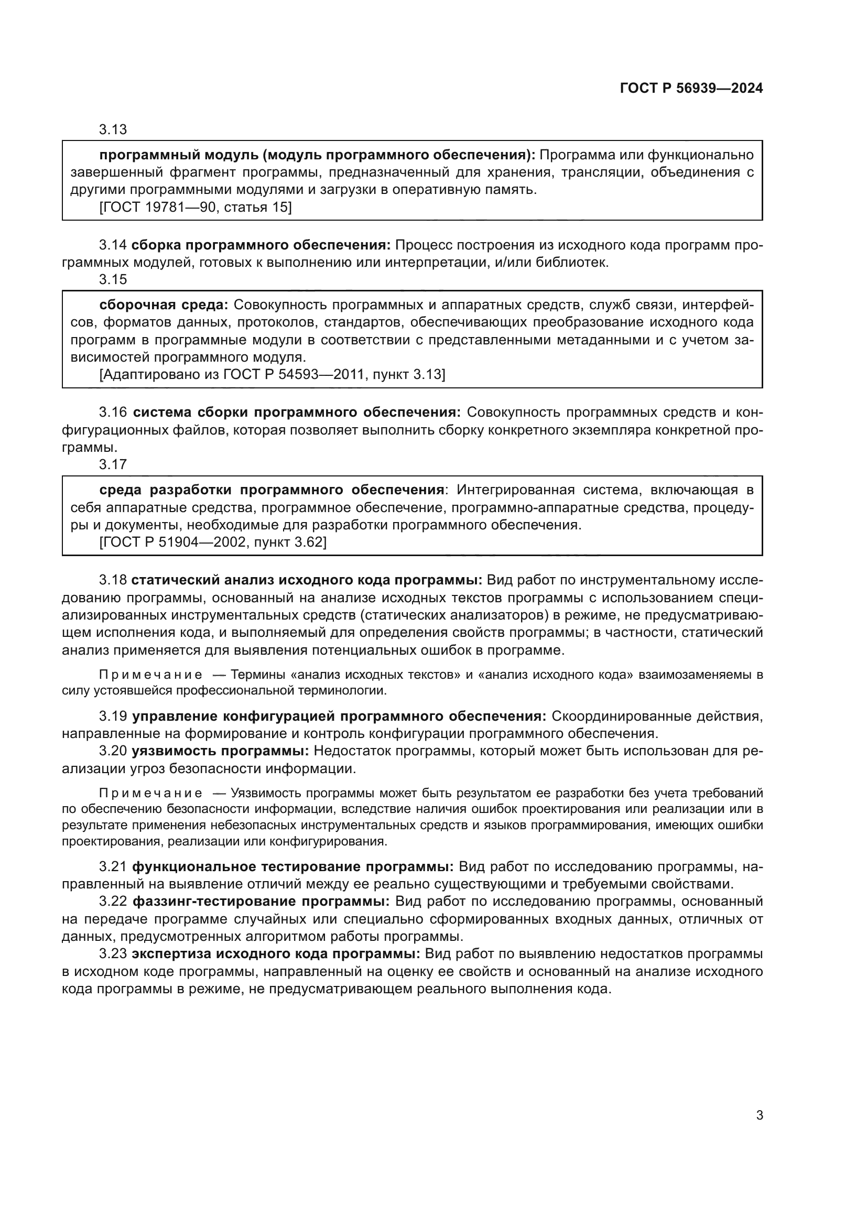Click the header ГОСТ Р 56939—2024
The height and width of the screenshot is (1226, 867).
coord(691,89)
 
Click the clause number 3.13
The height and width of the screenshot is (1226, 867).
coord(113,129)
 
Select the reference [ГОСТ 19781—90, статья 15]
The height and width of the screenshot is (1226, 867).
coord(196,207)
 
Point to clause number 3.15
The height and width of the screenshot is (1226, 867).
coord(113,279)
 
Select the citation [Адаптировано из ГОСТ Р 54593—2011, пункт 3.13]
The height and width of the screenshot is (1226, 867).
coord(272,374)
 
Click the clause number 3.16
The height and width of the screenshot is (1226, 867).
coord(113,412)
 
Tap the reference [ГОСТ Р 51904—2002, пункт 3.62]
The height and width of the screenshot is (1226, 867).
coord(213,542)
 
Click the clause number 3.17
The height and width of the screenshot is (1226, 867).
coord(113,464)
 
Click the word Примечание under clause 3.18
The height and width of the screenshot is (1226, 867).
coord(150,675)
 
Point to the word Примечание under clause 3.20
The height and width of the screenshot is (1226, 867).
coord(150,793)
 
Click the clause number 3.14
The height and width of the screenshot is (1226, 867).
coord(113,245)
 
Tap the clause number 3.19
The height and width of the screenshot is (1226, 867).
coord(113,716)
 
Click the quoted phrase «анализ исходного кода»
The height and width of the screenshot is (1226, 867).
coord(555,675)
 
